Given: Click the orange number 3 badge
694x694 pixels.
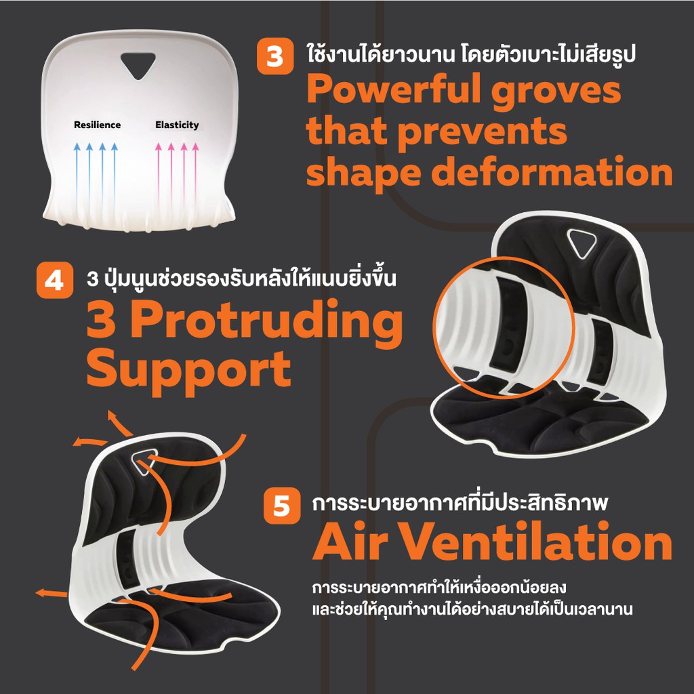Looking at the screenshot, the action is pos(275,56).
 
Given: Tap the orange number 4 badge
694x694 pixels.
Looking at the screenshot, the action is pos(54,280).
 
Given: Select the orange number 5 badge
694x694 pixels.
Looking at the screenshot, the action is pos(282,506).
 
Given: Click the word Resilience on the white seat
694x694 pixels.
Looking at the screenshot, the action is pos(98,125).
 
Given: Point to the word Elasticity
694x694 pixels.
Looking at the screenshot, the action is pos(177,125).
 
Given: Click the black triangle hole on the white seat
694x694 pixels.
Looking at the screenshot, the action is pos(138,66).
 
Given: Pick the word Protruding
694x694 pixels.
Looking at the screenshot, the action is pos(266,324).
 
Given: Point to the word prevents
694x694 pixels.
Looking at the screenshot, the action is pos(483,132).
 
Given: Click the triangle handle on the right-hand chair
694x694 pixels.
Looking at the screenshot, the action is pos(581,243).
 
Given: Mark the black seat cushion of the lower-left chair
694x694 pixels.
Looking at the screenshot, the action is pos(177,615).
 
